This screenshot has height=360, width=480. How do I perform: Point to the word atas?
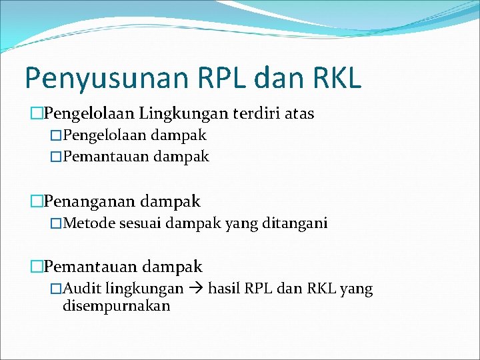tap(299, 114)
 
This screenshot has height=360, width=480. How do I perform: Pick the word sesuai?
tap(140, 223)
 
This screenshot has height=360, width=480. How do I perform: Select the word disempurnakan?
tap(116, 306)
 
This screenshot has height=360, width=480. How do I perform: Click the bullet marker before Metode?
tap(56, 223)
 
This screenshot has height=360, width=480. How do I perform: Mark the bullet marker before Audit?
tap(56, 289)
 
